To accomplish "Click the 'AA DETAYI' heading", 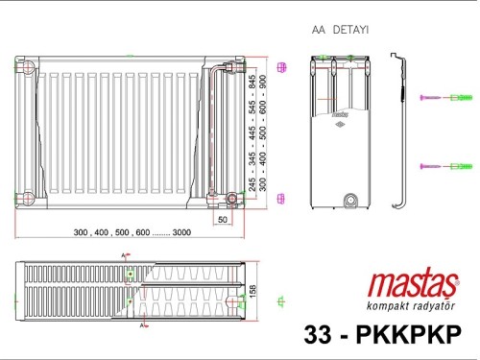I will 334,31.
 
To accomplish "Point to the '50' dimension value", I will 222,220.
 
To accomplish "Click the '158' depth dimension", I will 253,289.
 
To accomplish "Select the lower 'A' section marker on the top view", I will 141,326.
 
